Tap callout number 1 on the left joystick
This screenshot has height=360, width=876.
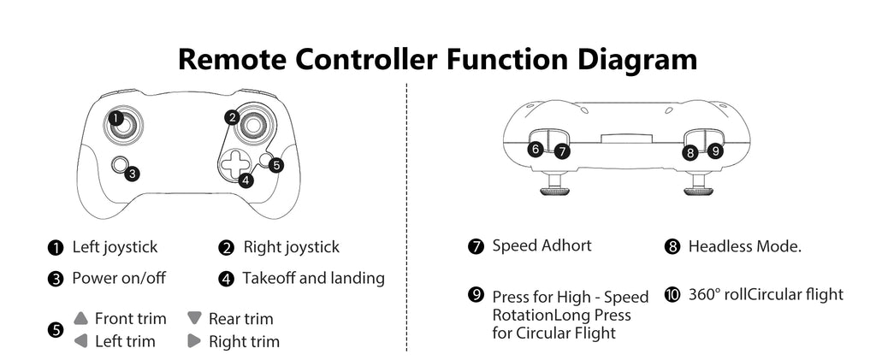[x=115, y=116]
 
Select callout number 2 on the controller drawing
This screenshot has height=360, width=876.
[x=232, y=117]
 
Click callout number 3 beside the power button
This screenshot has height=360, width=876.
[x=132, y=174]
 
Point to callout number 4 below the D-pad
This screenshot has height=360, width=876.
[x=246, y=180]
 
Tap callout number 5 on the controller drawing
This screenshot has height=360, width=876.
[x=275, y=165]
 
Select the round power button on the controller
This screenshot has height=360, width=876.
[x=121, y=164]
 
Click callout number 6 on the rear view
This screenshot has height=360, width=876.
[x=536, y=149]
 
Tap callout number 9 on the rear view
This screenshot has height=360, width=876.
[x=716, y=150]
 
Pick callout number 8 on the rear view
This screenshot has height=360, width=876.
[x=690, y=153]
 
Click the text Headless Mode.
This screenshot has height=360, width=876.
[x=744, y=246]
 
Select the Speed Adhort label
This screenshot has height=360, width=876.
[x=542, y=245]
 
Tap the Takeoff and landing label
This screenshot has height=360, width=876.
[x=313, y=278]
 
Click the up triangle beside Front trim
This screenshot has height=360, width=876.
[x=81, y=318]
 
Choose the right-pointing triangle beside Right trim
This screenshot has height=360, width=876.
[x=194, y=341]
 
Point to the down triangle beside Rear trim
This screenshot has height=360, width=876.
[x=194, y=318]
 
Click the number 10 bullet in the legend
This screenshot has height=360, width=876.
[x=672, y=294]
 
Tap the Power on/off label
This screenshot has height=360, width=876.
[x=118, y=278]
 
